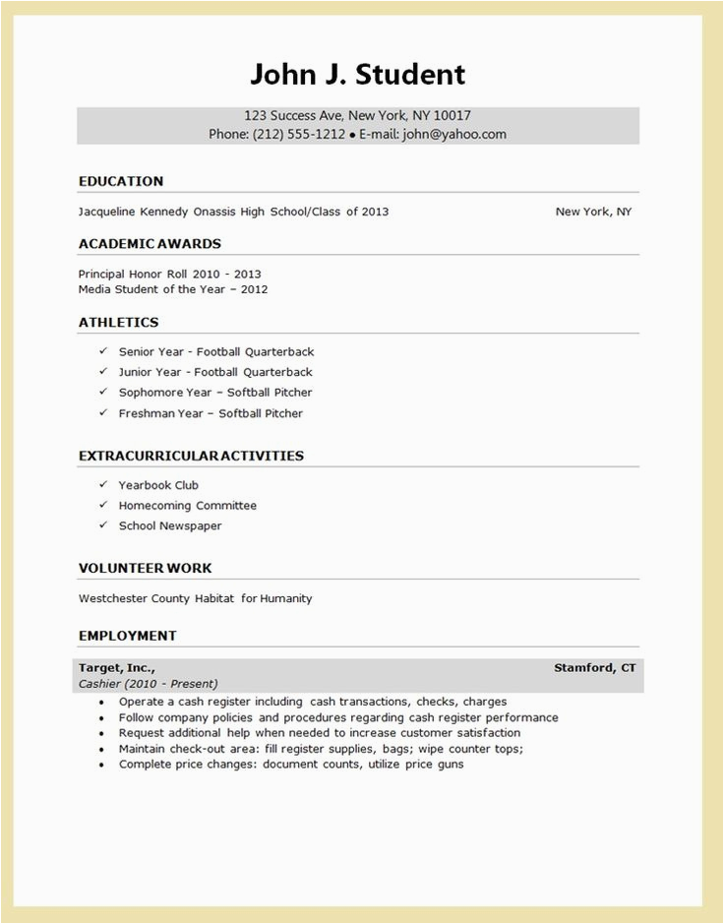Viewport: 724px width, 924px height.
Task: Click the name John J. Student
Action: pos(357,74)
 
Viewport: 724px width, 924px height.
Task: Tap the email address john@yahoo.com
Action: pos(453,135)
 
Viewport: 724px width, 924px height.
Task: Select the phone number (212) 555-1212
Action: pos(299,135)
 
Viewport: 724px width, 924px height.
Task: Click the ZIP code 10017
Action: pos(452,115)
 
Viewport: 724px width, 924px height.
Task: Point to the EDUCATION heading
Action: pos(121,181)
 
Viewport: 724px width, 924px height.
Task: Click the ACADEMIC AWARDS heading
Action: pos(150,243)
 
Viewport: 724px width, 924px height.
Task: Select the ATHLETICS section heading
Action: pos(118,322)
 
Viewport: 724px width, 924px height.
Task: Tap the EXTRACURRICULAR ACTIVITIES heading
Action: pos(191,456)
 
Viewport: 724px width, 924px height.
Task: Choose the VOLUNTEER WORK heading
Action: pos(145,568)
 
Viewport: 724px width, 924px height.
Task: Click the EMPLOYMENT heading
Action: pos(128,636)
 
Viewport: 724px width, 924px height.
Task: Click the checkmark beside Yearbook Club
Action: pos(102,484)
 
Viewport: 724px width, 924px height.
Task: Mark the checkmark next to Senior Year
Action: pos(102,350)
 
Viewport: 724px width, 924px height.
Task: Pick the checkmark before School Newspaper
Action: pos(102,525)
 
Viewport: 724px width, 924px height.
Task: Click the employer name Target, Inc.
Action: pos(116,668)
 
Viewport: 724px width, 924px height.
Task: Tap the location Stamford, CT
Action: pos(594,668)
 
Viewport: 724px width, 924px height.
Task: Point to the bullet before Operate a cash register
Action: pos(102,703)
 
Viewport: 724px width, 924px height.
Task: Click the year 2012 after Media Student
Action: pos(253,289)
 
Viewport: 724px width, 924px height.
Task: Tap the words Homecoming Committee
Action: pos(188,506)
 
